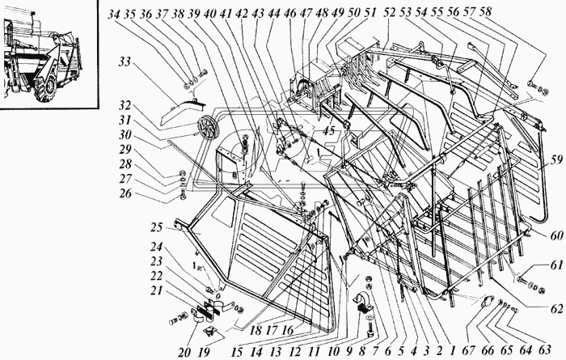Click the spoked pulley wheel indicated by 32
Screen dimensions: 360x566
(209, 129)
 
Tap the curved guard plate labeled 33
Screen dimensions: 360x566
(180, 104)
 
